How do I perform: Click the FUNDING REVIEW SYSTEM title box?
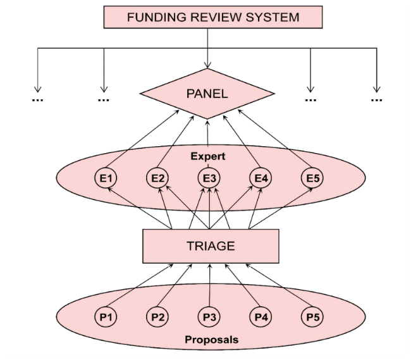click(213, 17)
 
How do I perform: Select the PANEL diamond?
click(207, 94)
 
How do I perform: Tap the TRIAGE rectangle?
click(211, 245)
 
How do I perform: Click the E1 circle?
click(106, 179)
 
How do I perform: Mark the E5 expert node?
click(312, 179)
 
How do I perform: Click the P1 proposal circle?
click(106, 316)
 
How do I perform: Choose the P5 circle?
click(312, 316)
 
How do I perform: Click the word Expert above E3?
click(209, 154)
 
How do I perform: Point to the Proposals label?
click(211, 340)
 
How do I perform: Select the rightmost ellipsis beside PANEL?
click(377, 99)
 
